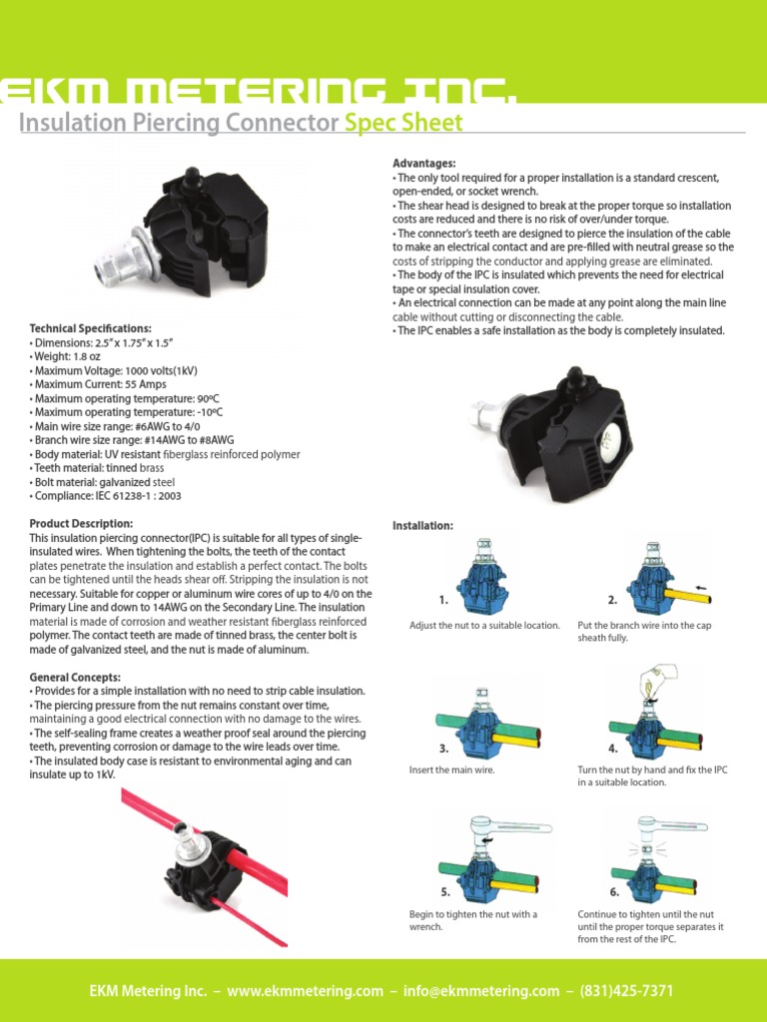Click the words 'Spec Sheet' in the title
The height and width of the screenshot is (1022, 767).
tap(403, 123)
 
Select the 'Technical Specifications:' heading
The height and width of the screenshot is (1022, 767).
tap(91, 328)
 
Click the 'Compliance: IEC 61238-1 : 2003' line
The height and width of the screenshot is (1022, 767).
tap(106, 495)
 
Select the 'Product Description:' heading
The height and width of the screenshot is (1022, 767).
tap(81, 524)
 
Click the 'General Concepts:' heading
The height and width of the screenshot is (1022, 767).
tap(76, 677)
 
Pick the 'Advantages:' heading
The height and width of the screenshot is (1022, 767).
tap(424, 163)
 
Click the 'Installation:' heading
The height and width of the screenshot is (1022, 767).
tap(422, 525)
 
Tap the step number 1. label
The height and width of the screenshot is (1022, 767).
tap(442, 601)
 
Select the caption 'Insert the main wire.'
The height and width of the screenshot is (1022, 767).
tap(452, 770)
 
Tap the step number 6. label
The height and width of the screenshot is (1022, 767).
tap(614, 892)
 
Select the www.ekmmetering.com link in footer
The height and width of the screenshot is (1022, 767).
tap(305, 991)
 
